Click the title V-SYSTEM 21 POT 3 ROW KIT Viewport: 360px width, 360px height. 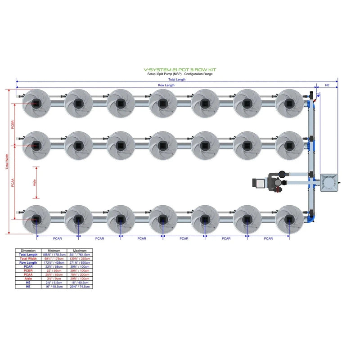click(180, 70)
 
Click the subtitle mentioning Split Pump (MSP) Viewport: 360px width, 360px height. click(180, 74)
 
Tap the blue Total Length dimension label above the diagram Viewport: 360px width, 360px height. click(177, 80)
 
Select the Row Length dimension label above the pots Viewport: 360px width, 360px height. click(166, 85)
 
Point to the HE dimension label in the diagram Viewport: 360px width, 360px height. click(327, 85)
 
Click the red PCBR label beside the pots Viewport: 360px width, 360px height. click(13, 125)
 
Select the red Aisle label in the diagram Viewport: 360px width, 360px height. click(34, 182)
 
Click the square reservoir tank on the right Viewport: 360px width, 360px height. click(329, 182)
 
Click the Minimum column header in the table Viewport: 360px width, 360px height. click(54, 251)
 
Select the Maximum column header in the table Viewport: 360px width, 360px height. click(80, 251)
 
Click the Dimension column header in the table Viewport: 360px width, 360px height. click(28, 251)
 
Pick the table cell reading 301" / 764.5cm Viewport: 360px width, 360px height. click(80, 255)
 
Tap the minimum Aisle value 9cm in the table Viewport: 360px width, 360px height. click(54, 279)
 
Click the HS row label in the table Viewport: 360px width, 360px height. click(28, 283)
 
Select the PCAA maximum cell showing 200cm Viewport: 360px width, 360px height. click(80, 274)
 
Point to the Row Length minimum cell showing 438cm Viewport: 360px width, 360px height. click(54, 263)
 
